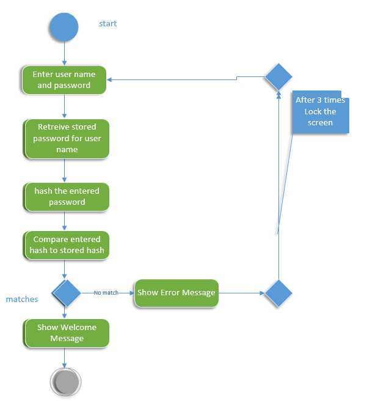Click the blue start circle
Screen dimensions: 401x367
pyautogui.click(x=64, y=28)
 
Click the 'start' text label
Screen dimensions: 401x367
pyautogui.click(x=107, y=24)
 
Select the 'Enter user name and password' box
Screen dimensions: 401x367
pyautogui.click(x=64, y=80)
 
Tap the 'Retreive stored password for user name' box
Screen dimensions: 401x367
pyautogui.click(x=67, y=139)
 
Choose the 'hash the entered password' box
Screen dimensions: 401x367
pyautogui.click(x=67, y=197)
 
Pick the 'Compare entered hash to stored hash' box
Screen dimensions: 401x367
pyautogui.click(x=67, y=245)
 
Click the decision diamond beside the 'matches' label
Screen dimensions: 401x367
pyautogui.click(x=67, y=293)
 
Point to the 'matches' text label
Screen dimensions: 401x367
pyautogui.click(x=22, y=300)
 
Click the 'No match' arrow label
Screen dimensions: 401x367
pyautogui.click(x=106, y=293)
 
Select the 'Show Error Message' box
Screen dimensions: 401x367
pyautogui.click(x=176, y=293)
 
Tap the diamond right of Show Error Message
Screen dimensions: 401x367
pyautogui.click(x=278, y=293)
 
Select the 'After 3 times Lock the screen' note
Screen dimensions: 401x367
pyautogui.click(x=320, y=112)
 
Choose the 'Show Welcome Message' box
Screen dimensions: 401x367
pyautogui.click(x=67, y=333)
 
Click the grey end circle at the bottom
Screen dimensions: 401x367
pyautogui.click(x=65, y=382)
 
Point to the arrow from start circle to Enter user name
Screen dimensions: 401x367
pyautogui.click(x=64, y=54)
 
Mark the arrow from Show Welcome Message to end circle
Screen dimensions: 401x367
pyautogui.click(x=64, y=357)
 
